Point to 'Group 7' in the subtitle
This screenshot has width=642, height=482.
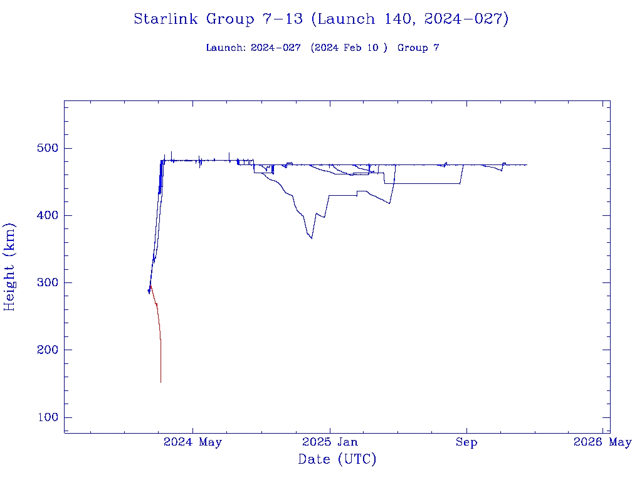(418, 48)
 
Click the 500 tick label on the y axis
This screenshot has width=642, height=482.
(46, 149)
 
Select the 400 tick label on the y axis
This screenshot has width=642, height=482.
(46, 216)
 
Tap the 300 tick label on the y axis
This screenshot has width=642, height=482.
(46, 283)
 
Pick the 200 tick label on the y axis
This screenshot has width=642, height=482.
(46, 350)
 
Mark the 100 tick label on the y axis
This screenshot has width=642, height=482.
(46, 418)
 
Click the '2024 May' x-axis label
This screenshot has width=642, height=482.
(192, 442)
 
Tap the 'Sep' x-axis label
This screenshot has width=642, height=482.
(466, 442)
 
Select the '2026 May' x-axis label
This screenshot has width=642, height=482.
(603, 442)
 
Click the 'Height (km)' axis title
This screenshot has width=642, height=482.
(10, 267)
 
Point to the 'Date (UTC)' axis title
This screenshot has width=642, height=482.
(337, 460)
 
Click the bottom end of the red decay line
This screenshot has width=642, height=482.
(160, 382)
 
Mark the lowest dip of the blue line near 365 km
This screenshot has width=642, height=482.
(312, 238)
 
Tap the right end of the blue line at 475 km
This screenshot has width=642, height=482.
(526, 164)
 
